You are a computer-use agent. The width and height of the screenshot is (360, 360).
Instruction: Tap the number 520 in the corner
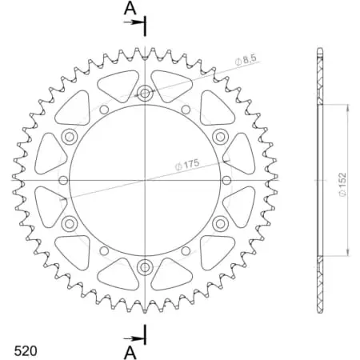[x=25, y=350]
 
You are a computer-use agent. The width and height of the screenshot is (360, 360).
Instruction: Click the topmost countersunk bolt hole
[x=145, y=93]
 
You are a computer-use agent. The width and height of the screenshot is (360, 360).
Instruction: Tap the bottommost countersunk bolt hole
[x=145, y=266]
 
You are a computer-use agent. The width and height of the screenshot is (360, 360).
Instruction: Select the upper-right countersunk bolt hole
[x=220, y=136]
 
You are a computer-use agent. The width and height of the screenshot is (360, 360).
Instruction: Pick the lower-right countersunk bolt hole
[x=220, y=223]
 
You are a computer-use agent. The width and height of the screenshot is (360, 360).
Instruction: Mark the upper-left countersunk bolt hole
[x=70, y=136]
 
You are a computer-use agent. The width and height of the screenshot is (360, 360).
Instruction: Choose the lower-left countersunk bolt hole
[x=70, y=223]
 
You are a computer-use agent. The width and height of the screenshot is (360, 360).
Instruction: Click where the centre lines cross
[x=145, y=180]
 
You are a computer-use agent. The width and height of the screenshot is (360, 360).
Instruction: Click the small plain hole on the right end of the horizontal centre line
[x=226, y=180]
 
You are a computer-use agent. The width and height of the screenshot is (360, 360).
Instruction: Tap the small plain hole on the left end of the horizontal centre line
[x=63, y=180]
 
